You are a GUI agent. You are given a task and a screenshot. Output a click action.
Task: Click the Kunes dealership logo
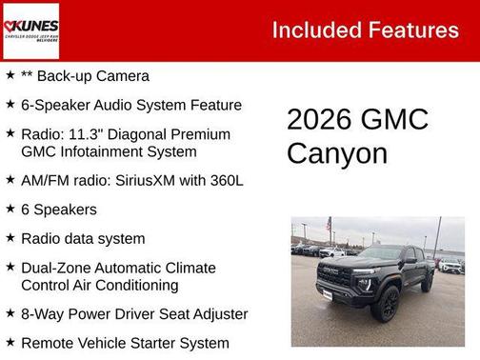pos(30,30)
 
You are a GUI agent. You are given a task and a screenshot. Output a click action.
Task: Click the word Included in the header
pos(316,30)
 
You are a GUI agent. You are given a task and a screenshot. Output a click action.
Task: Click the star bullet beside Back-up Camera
pos(10,75)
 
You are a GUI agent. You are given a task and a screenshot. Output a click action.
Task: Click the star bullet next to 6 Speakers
pos(10,208)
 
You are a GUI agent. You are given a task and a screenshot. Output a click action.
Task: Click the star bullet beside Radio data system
pos(10,237)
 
